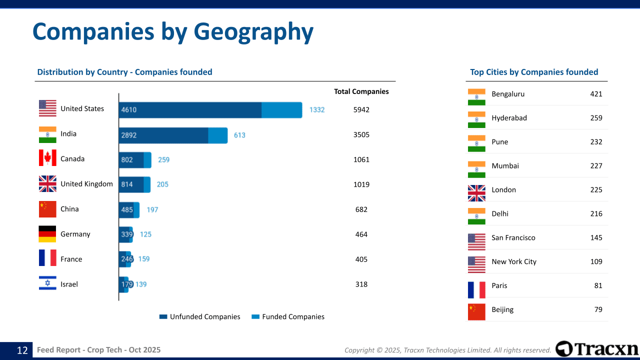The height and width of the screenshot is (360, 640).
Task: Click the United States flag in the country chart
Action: tap(47, 108)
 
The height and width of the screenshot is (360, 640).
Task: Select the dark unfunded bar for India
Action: tap(163, 135)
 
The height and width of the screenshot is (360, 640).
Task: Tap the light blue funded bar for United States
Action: tap(281, 110)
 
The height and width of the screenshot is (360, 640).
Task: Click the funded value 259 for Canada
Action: tap(163, 160)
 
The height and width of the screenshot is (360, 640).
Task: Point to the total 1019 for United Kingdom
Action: tap(361, 184)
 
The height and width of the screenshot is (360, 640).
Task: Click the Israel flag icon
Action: tap(47, 283)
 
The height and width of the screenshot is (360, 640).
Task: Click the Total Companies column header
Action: tap(361, 91)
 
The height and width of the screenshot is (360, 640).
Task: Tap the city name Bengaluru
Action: tap(508, 94)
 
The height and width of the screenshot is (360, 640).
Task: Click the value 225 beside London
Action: tap(596, 189)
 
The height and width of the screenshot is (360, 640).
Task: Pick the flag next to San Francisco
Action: tap(476, 242)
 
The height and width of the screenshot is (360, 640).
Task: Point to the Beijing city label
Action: tap(502, 309)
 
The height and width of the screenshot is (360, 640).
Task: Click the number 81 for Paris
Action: tap(598, 285)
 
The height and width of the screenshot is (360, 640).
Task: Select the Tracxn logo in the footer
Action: tap(597, 349)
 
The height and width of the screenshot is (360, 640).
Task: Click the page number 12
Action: tap(22, 350)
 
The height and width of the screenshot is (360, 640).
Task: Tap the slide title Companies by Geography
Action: tap(173, 31)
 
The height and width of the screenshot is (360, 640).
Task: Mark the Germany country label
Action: tap(75, 234)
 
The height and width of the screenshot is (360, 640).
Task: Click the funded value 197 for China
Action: tap(152, 209)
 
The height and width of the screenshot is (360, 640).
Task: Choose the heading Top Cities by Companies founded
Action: tap(534, 72)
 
